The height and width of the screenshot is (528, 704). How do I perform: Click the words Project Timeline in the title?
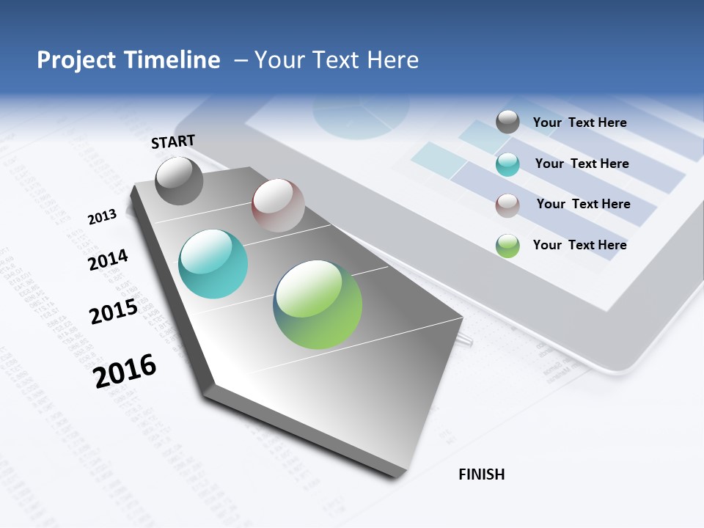coord(128,60)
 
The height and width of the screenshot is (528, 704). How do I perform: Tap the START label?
coord(173,142)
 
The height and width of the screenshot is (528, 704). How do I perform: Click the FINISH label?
coord(482,474)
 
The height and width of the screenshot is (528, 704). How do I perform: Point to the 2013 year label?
coord(102,217)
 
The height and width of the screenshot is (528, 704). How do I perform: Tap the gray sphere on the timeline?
coord(180,180)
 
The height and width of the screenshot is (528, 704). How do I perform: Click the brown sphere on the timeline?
coord(278,205)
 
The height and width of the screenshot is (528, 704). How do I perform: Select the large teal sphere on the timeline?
coord(213,264)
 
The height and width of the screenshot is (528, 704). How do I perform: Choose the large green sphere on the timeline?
coord(318,304)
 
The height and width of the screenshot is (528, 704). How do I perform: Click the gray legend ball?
coord(507,122)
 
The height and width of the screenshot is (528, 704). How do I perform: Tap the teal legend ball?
coord(507,164)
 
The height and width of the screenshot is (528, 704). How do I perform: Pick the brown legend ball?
coord(507,205)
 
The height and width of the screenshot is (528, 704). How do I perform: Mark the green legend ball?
coord(507,246)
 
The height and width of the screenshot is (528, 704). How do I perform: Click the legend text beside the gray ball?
coord(579,123)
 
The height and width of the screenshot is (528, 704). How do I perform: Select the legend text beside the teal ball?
coord(582,164)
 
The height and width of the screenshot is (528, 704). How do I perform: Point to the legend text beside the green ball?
coord(579,245)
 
